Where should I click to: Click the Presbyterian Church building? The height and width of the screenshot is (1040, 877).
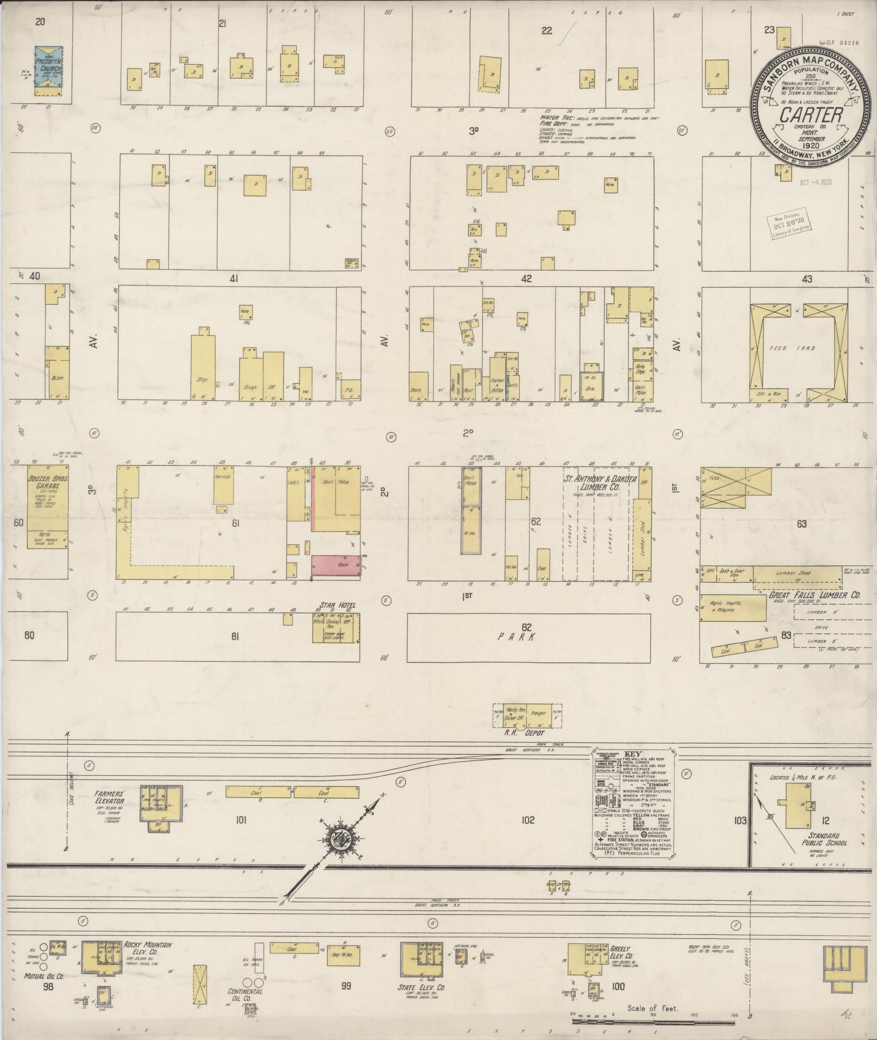coord(47,67)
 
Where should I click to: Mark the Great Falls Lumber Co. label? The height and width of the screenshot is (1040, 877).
coord(814,596)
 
